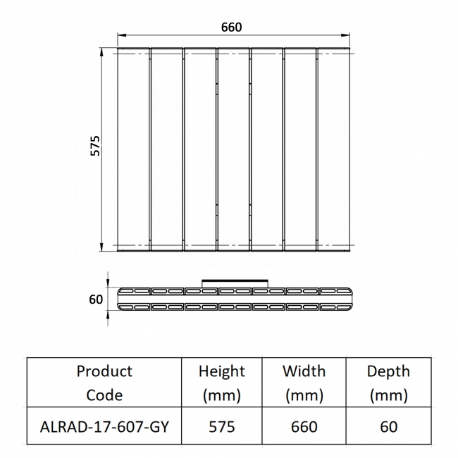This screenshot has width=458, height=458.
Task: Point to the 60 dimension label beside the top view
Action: tap(96, 299)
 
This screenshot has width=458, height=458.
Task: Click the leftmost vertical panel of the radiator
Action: tap(133, 149)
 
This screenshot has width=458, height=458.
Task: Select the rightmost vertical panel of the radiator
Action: tap(334, 149)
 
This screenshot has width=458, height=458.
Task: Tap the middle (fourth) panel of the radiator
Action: tap(233, 149)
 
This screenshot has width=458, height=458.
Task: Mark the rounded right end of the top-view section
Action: tap(348, 299)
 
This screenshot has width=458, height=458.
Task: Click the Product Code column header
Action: tap(104, 383)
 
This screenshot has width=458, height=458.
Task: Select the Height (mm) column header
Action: tap(222, 383)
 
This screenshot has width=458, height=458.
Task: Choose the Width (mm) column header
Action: tap(304, 383)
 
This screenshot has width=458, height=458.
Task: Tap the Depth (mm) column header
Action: tap(388, 383)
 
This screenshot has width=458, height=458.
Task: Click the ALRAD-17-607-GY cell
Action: tap(104, 426)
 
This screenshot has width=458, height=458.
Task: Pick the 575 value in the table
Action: tap(222, 426)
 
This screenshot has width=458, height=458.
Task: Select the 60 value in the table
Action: tap(388, 426)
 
